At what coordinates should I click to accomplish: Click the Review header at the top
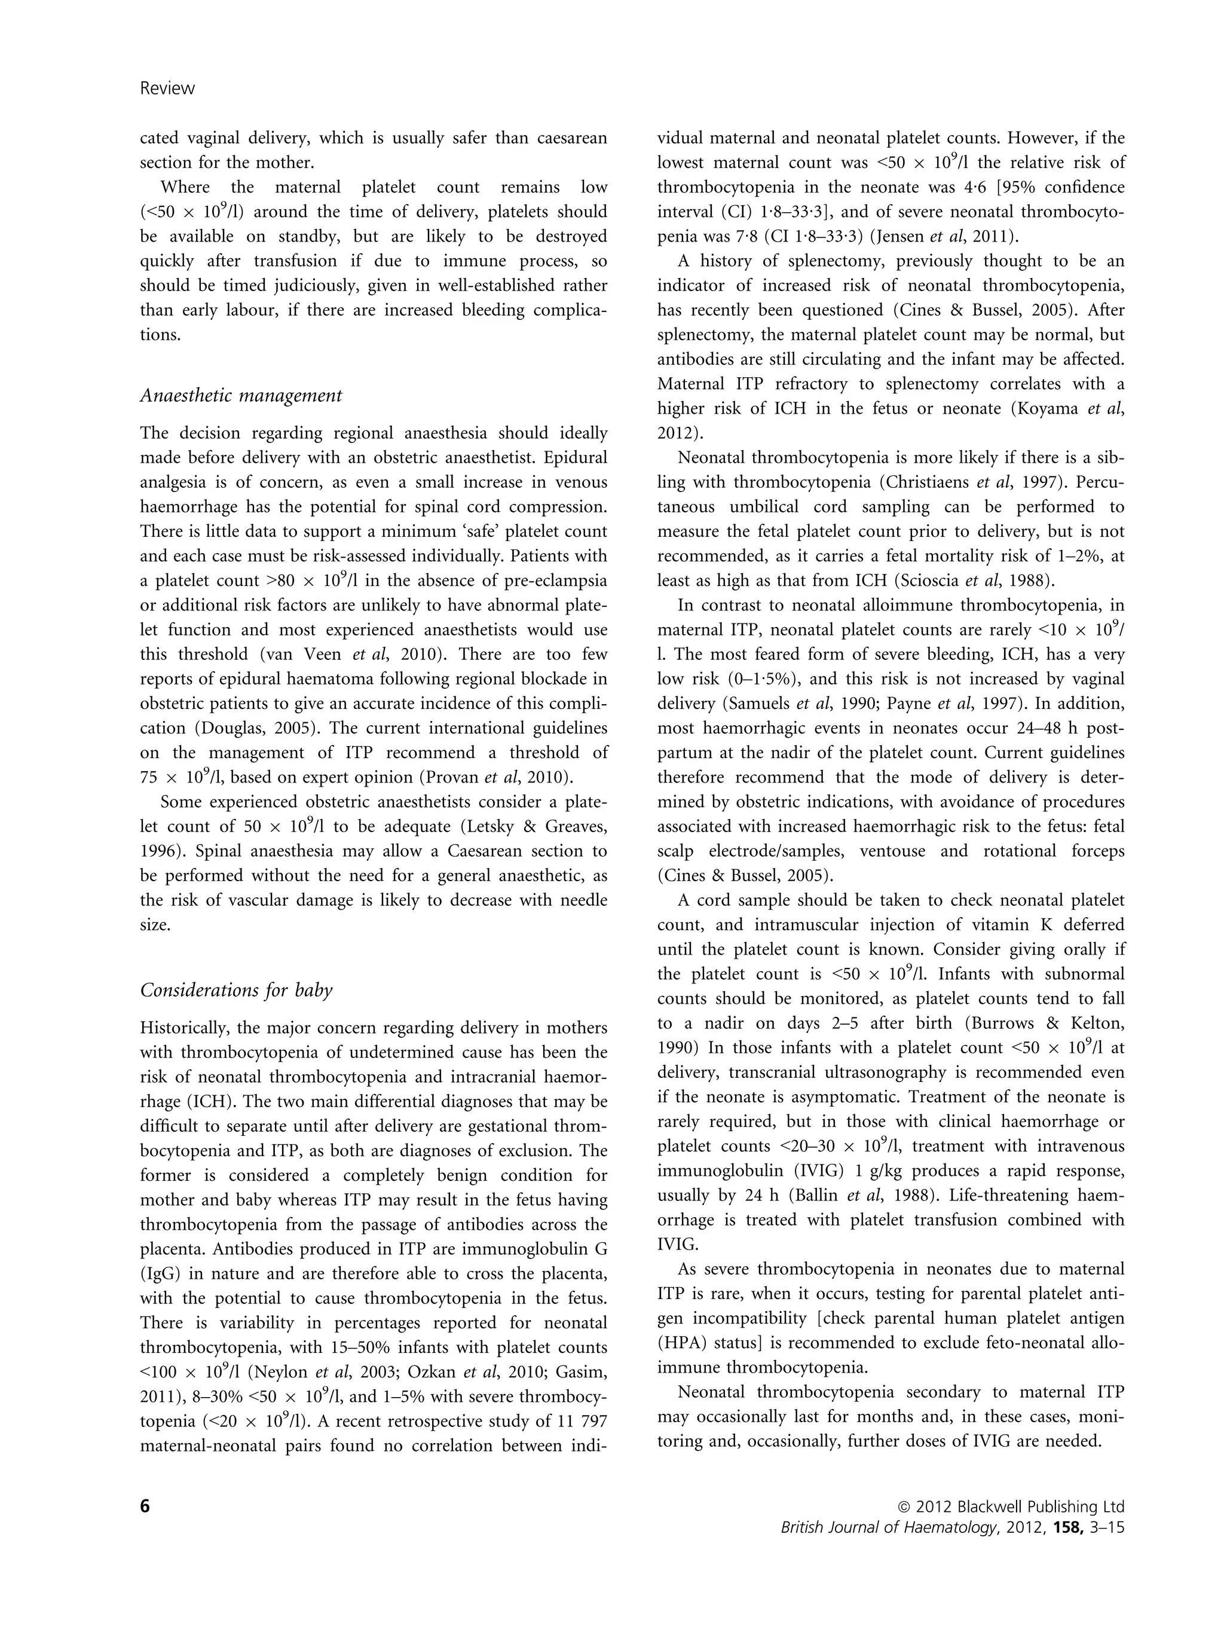[167, 88]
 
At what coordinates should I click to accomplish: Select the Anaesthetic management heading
[241, 396]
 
